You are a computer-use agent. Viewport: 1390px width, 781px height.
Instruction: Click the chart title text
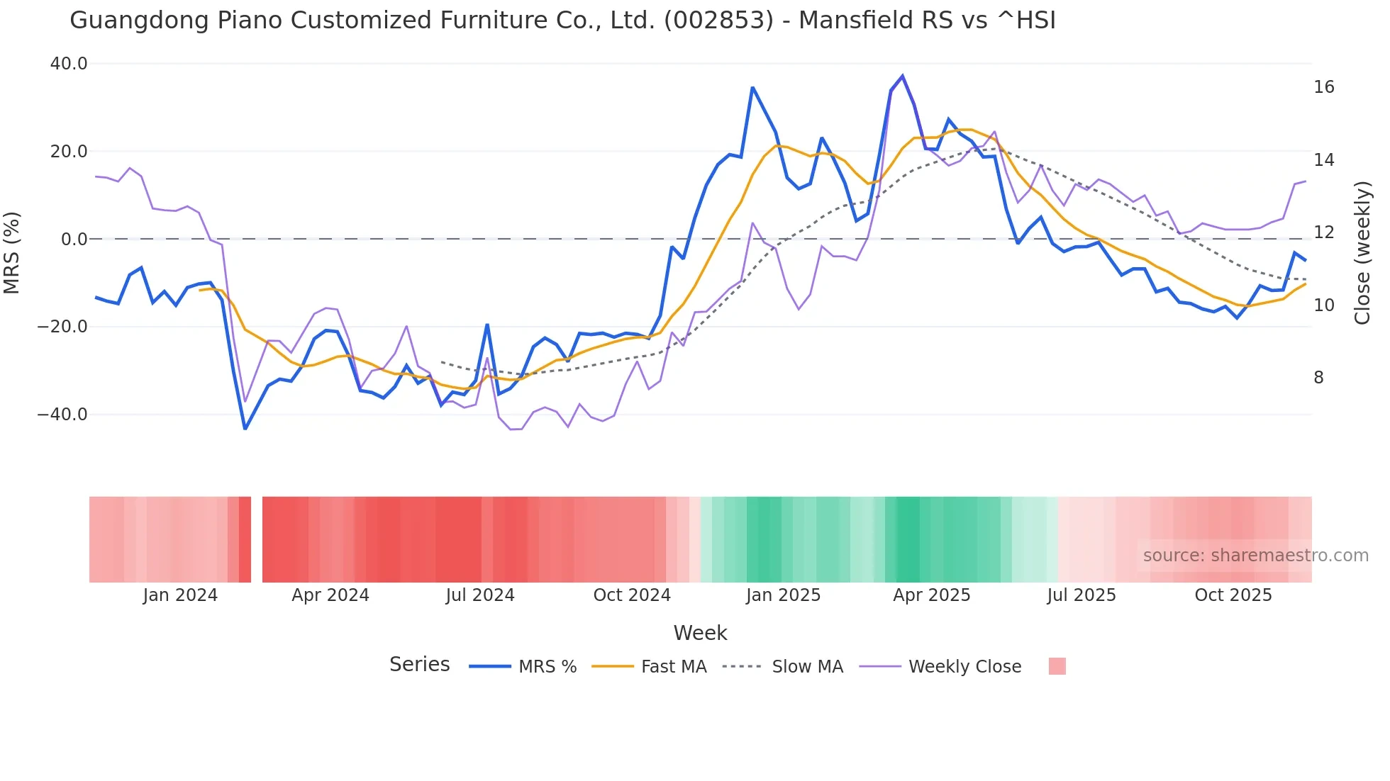(562, 21)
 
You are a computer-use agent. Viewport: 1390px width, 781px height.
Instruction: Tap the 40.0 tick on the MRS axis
(69, 64)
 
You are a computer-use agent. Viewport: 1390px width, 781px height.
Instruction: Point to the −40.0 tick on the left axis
(63, 415)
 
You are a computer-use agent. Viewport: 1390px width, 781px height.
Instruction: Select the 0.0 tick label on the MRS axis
(74, 240)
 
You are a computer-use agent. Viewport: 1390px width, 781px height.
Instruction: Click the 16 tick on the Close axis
(1323, 87)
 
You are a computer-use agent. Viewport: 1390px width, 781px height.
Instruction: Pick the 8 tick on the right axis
(1318, 378)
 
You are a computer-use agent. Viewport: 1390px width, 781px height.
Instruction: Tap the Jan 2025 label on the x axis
(783, 595)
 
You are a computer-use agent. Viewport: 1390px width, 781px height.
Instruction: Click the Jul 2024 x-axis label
(480, 595)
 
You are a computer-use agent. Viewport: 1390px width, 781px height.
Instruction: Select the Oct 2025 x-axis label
(1233, 595)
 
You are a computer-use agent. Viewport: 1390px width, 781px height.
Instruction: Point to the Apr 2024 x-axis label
(330, 595)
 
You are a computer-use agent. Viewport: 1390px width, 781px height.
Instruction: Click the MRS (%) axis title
(12, 253)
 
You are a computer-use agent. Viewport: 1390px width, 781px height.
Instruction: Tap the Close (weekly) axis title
(1362, 253)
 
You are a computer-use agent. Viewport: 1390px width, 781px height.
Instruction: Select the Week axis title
(700, 633)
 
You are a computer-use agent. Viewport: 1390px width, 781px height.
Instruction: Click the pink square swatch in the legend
(1057, 666)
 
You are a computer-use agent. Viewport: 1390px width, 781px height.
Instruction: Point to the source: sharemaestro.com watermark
(1255, 556)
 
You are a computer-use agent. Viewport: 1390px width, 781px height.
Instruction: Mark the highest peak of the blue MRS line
(902, 76)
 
